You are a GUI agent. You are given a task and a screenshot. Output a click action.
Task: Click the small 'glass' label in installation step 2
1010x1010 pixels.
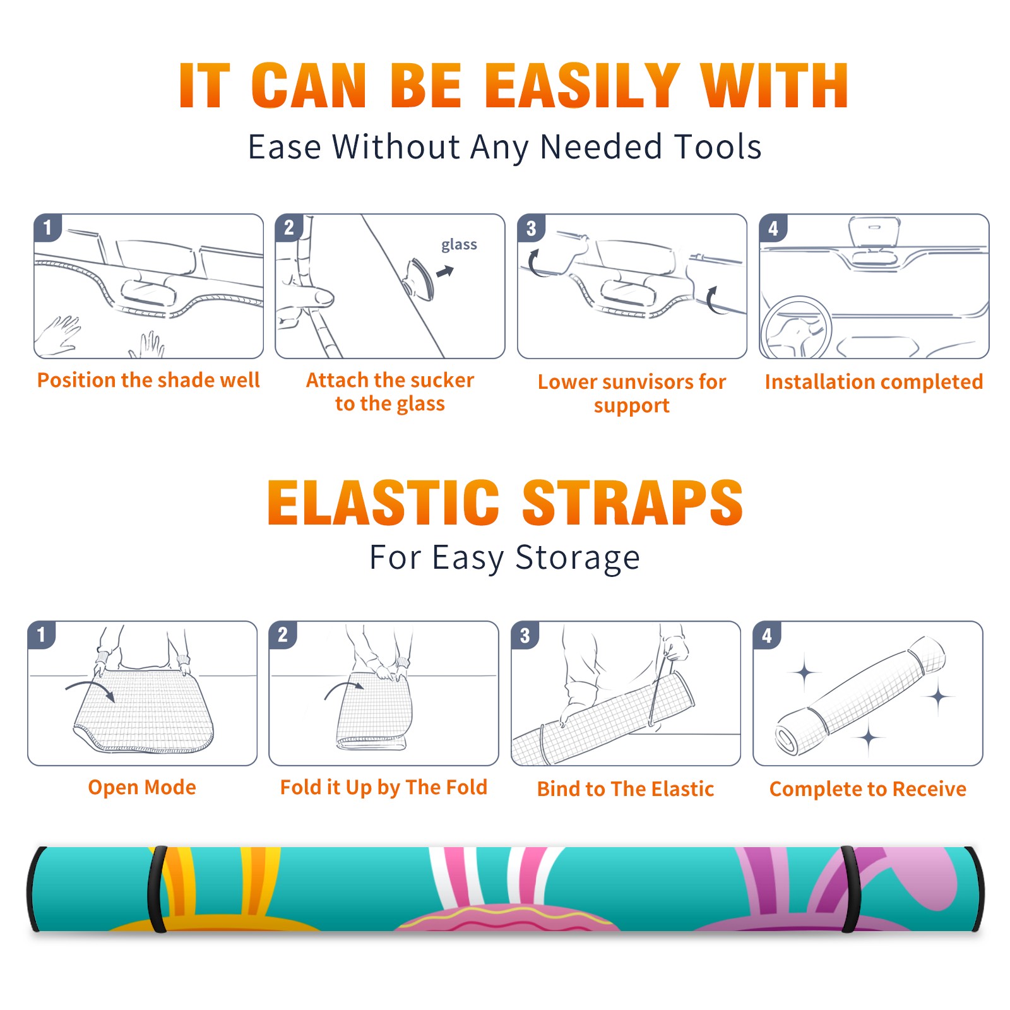[x=459, y=245]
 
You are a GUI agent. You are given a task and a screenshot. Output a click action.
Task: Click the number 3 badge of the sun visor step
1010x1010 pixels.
[x=531, y=228]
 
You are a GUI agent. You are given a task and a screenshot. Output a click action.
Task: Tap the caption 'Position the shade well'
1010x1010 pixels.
[x=148, y=380]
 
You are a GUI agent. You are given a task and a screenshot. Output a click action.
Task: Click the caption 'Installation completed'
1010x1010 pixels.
[x=874, y=381]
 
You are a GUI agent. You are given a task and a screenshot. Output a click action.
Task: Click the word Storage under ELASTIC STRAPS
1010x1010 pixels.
[x=578, y=558]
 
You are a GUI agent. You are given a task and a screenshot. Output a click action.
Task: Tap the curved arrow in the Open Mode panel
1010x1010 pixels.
[x=90, y=690]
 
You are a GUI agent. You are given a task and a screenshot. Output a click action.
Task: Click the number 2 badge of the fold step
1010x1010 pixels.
[x=282, y=634]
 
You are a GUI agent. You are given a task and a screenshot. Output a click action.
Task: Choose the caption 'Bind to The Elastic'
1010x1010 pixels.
[x=626, y=788]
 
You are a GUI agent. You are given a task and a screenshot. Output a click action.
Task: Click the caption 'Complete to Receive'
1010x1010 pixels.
[x=868, y=788]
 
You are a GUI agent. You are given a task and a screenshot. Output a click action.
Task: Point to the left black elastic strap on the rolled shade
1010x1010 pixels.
[x=157, y=889]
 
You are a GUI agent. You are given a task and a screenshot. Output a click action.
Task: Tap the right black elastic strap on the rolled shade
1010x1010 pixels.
[x=850, y=889]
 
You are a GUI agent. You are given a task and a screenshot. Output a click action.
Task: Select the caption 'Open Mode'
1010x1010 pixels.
[x=142, y=787]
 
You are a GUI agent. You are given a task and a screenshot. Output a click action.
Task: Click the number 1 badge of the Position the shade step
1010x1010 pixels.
[x=47, y=227]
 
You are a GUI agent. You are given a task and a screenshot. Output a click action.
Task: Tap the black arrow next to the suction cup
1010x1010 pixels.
[x=446, y=271]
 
